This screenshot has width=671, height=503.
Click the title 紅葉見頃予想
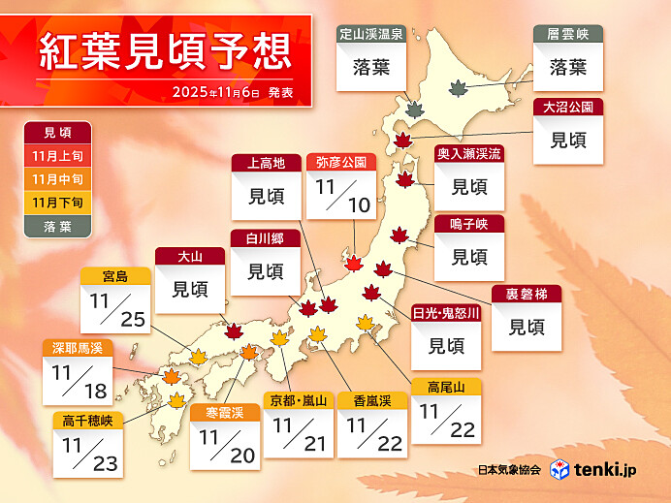click(165, 52)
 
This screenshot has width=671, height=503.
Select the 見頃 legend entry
click(57, 133)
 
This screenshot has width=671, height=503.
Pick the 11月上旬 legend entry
click(57, 156)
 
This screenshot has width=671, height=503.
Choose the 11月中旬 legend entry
click(57, 179)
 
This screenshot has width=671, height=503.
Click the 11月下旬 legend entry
click(57, 202)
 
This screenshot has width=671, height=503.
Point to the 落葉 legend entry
click(57, 225)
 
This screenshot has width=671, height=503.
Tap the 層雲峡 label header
click(567, 34)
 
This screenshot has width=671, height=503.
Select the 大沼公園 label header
click(567, 107)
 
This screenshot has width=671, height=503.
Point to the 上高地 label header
click(266, 163)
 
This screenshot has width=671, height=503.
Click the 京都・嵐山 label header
click(299, 399)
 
